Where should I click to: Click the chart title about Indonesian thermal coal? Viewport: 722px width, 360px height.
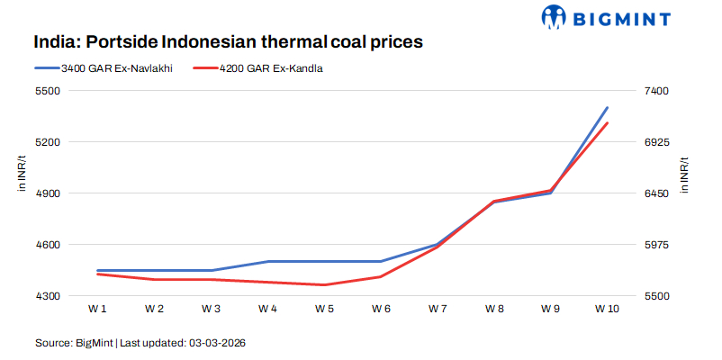[228, 42]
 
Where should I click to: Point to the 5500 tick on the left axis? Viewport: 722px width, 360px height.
[47, 91]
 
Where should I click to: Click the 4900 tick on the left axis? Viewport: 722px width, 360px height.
[47, 193]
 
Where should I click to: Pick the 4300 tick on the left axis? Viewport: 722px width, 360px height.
[47, 296]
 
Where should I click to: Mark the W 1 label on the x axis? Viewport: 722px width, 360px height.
[97, 309]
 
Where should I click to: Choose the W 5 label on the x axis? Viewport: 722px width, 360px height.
[324, 309]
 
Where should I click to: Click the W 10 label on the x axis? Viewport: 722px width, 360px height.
[607, 309]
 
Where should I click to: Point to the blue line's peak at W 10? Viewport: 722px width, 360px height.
[607, 108]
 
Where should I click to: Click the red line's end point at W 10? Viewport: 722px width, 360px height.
[607, 123]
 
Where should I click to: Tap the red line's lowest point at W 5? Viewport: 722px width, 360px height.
[324, 284]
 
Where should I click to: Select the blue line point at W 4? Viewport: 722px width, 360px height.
[267, 261]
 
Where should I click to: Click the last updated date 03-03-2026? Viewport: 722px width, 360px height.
[217, 343]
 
